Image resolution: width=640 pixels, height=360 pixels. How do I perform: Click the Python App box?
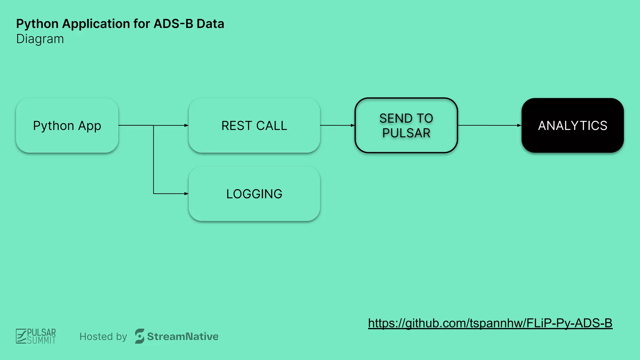click(x=67, y=125)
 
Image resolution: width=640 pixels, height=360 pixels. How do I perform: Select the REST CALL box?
click(x=254, y=125)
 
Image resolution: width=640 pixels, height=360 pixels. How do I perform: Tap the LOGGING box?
click(x=254, y=194)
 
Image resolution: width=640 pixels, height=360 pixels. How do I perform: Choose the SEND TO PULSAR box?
click(x=406, y=125)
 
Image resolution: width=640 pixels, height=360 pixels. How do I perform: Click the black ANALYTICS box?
click(x=572, y=125)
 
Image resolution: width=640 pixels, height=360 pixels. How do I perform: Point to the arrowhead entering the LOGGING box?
click(x=186, y=194)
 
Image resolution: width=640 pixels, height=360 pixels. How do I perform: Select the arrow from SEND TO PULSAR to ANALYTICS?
click(x=489, y=125)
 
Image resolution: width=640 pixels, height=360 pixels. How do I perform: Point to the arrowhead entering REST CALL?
click(x=186, y=125)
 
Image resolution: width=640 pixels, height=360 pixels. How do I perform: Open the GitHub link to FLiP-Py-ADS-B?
click(x=490, y=323)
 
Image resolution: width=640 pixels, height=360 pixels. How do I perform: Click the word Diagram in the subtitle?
click(x=40, y=39)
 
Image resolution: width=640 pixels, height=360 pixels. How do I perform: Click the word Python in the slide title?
click(x=37, y=24)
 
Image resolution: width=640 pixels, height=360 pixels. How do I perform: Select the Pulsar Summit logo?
click(x=36, y=336)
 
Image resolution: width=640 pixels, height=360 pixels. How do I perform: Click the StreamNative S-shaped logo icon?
click(x=139, y=336)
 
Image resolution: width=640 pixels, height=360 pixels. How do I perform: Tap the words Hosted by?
click(x=103, y=337)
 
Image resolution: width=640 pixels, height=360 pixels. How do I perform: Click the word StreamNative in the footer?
click(x=182, y=337)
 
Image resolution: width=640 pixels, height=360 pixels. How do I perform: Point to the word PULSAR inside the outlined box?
click(x=406, y=133)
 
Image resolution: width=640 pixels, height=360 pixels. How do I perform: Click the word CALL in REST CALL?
click(x=271, y=126)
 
